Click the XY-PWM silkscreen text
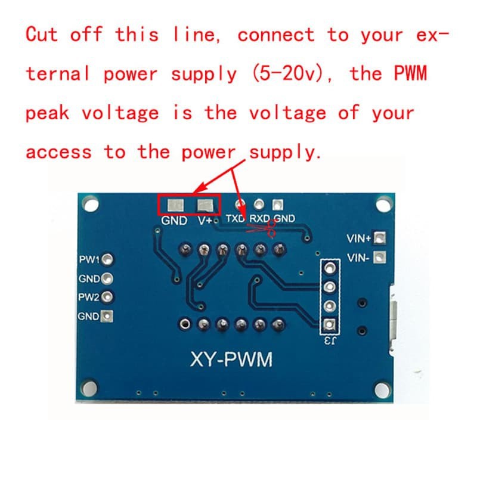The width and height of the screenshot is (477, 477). point(231,360)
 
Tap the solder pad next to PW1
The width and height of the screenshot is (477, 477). point(107,259)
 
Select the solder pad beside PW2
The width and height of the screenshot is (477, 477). point(107,297)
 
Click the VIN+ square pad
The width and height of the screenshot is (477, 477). point(379,237)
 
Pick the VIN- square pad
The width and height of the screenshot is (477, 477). point(379,258)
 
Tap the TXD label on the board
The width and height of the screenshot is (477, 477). point(236,218)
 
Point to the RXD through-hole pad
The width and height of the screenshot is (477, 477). point(259,204)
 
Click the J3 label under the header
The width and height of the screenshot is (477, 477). point(330,340)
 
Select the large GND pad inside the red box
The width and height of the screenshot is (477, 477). point(175,206)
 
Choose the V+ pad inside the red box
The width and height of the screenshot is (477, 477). point(205,206)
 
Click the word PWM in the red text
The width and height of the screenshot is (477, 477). point(410,73)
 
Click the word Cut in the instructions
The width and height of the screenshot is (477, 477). point(41,34)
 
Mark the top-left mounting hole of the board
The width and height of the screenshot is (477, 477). point(91,203)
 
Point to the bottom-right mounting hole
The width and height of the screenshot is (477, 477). point(382,390)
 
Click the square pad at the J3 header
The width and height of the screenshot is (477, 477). point(329,324)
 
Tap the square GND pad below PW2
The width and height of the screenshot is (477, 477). point(107,317)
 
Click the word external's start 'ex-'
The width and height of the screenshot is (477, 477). point(432,35)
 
